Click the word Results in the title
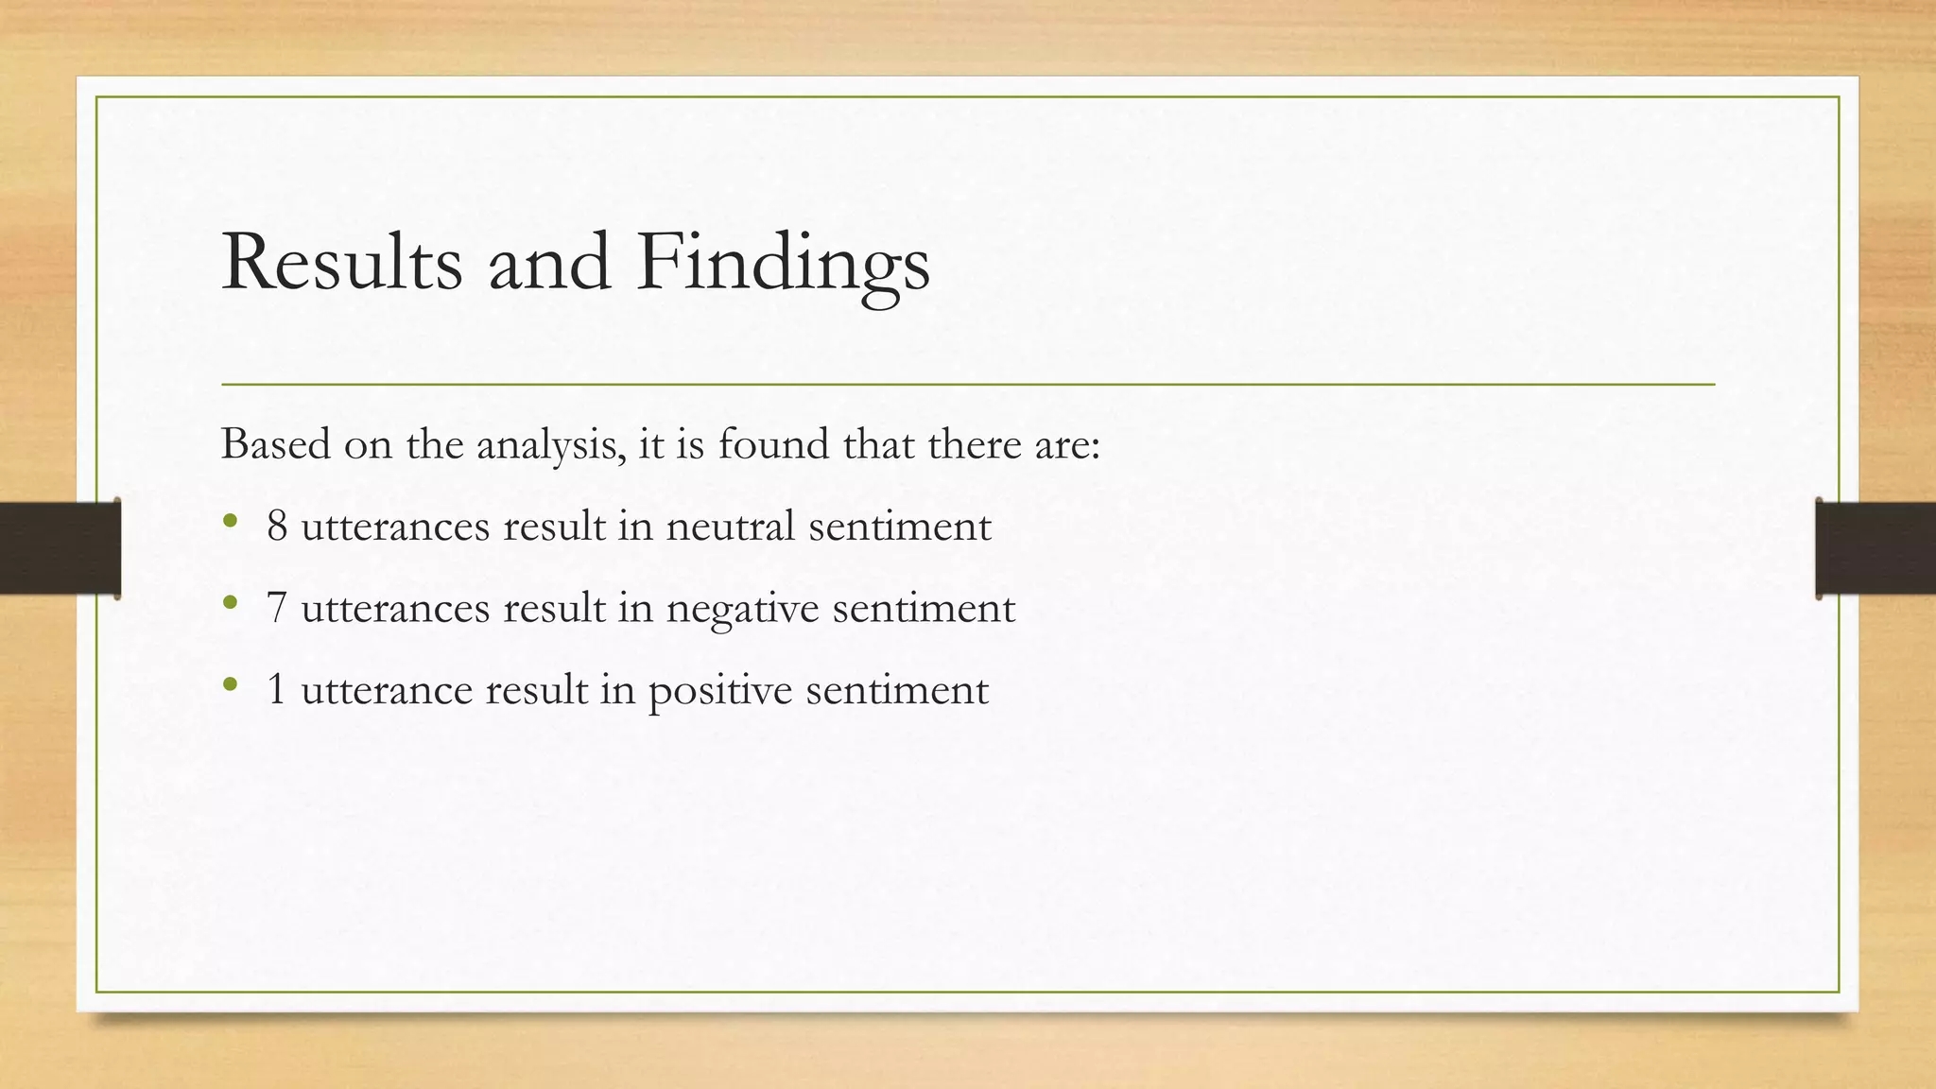(x=341, y=263)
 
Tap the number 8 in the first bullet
(x=277, y=526)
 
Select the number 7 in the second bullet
(x=277, y=608)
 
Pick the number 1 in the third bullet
(x=277, y=689)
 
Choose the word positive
(x=719, y=689)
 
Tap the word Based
(x=275, y=444)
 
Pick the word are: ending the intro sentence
(x=1067, y=444)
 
